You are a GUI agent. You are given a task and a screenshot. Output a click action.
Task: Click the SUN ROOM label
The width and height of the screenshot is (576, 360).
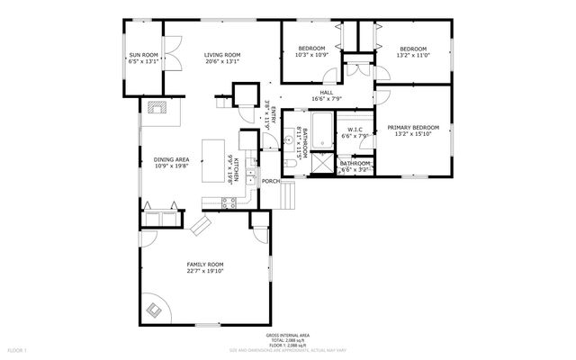pos(144,57)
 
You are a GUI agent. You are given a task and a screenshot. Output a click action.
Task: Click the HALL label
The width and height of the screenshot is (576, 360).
pos(327,92)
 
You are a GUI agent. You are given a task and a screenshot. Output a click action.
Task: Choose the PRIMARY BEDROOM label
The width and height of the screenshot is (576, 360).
pos(412,128)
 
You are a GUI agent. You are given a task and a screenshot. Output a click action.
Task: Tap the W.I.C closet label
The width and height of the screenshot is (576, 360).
pos(355,130)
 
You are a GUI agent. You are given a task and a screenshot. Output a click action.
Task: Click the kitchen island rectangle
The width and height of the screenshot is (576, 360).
pos(212,159)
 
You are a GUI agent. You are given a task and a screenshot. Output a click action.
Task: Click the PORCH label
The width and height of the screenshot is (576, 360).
pos(270,181)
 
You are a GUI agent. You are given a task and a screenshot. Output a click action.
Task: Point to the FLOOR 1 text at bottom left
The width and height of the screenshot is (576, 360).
pos(17,349)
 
